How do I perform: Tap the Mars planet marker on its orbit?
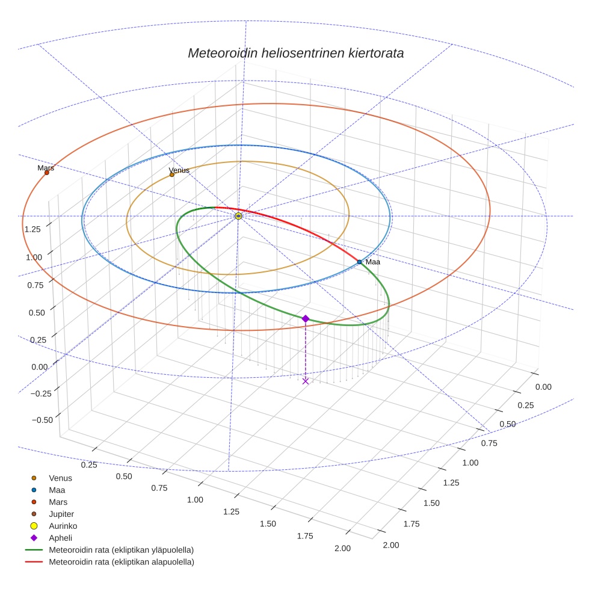click(x=46, y=173)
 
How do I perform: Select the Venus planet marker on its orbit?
click(x=171, y=174)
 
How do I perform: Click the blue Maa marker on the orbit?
click(x=359, y=262)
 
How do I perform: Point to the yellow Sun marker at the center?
click(x=238, y=215)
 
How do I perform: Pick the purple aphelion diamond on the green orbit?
click(x=305, y=318)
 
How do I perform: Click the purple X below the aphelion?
click(x=305, y=381)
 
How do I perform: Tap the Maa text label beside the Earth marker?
click(x=373, y=262)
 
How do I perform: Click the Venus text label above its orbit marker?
click(x=179, y=170)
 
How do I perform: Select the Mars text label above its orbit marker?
click(x=46, y=168)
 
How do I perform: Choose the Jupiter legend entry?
click(x=61, y=514)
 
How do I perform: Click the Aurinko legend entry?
click(x=63, y=526)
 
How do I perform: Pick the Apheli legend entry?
click(x=60, y=538)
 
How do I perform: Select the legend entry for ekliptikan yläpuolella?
click(x=121, y=550)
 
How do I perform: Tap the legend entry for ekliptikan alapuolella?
click(x=121, y=562)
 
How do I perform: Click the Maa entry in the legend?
click(x=57, y=490)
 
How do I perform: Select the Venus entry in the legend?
click(x=60, y=478)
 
